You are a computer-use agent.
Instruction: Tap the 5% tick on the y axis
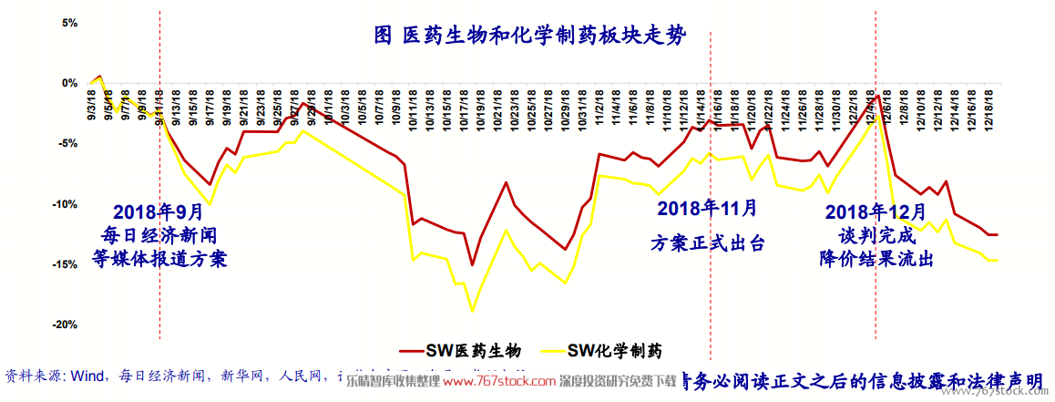[x=69, y=23]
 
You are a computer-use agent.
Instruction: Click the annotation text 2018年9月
[x=159, y=212]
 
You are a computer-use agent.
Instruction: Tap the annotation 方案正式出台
[x=707, y=243]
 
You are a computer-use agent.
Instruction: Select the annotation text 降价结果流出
[x=876, y=258]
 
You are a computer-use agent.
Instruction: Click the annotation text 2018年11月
[x=707, y=208]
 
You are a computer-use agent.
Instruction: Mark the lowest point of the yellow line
[x=472, y=312]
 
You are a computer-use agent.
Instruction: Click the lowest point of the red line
[x=472, y=265]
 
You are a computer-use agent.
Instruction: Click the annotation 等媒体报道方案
[x=159, y=259]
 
